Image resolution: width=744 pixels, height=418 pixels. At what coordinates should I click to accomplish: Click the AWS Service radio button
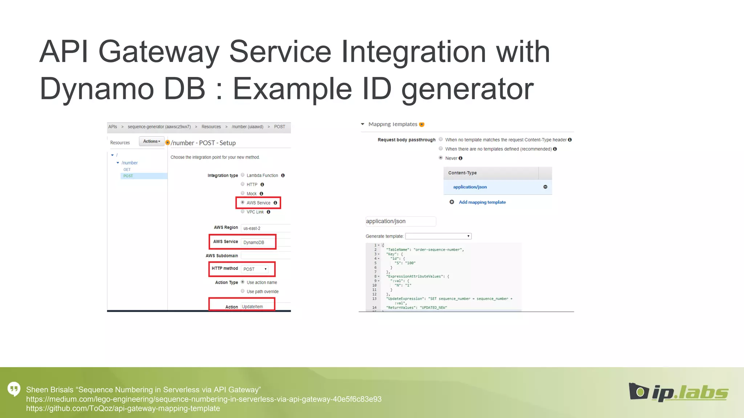[x=243, y=202]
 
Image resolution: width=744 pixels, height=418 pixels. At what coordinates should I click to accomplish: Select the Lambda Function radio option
[x=243, y=175]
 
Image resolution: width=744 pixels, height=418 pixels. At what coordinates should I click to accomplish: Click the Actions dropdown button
[x=151, y=142]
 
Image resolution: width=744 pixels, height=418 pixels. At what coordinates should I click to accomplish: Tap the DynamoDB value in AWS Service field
[x=254, y=242]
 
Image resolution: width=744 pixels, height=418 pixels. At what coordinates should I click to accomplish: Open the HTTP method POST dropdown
[x=255, y=269]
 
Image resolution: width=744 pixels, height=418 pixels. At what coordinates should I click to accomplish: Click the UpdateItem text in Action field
[x=252, y=307]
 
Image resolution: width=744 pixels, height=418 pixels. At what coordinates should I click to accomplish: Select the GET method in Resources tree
[x=127, y=169]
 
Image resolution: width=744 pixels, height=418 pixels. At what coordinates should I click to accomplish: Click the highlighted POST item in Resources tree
[x=128, y=176]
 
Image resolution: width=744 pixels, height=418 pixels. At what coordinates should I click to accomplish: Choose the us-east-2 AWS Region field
[x=265, y=228]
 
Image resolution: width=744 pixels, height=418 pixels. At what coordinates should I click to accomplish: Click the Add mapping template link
[x=482, y=202]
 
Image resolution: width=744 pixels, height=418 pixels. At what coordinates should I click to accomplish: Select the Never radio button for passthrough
[x=441, y=158]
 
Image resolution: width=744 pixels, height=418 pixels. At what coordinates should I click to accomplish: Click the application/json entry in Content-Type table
[x=470, y=187]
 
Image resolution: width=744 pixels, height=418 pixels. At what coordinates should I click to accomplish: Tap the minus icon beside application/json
[x=545, y=187]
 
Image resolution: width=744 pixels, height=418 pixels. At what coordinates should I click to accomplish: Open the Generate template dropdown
[x=438, y=236]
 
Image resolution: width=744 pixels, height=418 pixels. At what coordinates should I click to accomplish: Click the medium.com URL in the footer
[x=203, y=399]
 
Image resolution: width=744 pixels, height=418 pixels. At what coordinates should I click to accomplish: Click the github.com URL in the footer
[x=123, y=409]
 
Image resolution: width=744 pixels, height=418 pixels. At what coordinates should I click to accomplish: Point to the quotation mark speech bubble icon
[x=14, y=389]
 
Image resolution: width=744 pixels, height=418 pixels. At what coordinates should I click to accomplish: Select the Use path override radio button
[x=243, y=291]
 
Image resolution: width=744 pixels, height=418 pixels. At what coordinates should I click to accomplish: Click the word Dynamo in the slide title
[x=97, y=89]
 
